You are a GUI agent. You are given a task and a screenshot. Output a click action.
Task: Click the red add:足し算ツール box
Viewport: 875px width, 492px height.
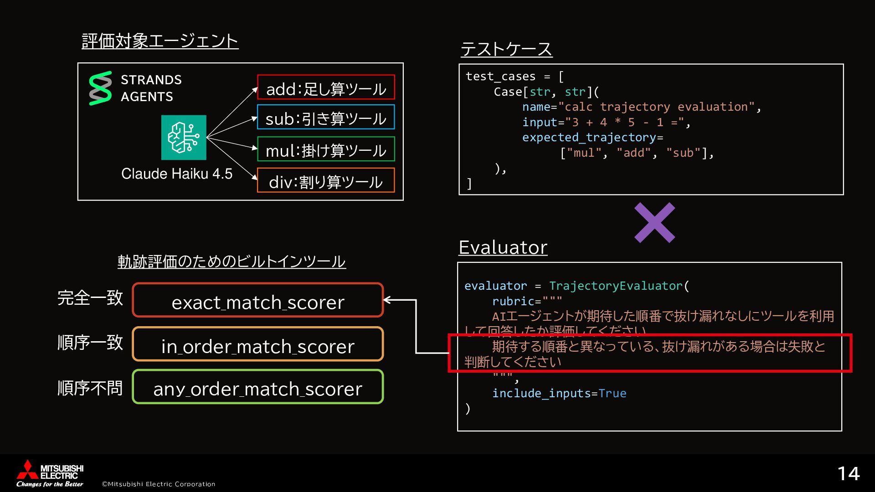coord(326,87)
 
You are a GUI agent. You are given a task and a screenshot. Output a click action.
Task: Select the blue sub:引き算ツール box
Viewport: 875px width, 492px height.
coord(326,118)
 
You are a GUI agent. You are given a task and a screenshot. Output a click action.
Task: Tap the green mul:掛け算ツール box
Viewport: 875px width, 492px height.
coord(326,149)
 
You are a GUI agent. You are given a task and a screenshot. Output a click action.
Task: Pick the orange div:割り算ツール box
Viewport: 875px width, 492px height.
coord(326,181)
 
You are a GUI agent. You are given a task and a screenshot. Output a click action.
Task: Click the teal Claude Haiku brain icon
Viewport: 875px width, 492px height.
coord(184,138)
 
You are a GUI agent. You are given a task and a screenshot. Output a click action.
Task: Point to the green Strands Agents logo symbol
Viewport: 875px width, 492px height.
coord(100,88)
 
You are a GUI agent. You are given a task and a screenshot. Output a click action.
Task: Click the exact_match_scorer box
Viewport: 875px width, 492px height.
coord(258,301)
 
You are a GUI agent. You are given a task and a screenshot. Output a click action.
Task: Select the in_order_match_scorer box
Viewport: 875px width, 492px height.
coord(258,345)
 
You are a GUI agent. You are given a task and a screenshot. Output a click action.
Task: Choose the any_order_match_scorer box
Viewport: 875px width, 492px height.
coord(258,388)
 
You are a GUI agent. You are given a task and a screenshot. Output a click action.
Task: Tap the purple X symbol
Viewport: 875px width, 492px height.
coord(654,223)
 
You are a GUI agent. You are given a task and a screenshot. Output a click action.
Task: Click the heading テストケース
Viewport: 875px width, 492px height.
coord(506,49)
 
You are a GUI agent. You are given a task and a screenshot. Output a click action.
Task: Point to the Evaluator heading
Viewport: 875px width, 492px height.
coord(503,247)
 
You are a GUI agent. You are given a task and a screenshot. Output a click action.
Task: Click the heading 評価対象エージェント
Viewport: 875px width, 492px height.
coord(160,41)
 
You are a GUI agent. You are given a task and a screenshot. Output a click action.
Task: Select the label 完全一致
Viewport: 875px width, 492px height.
coord(90,298)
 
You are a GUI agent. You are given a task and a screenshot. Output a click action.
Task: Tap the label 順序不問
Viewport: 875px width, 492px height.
coord(90,388)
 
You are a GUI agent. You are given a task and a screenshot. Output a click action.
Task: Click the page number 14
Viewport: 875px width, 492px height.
coord(848,474)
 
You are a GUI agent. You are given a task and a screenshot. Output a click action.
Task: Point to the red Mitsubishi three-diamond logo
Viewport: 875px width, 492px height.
coord(27,470)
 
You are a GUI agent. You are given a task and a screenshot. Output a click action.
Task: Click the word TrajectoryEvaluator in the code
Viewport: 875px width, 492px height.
coord(616,286)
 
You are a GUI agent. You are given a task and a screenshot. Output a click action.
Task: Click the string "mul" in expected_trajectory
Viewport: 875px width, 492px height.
coord(584,153)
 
